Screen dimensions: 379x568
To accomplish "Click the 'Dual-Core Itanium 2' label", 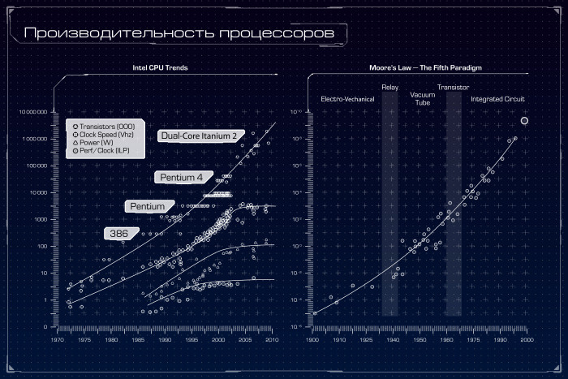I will pyautogui.click(x=199, y=136).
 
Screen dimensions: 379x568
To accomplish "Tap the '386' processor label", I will pyautogui.click(x=118, y=233).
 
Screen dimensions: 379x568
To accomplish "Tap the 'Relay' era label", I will pyautogui.click(x=389, y=87).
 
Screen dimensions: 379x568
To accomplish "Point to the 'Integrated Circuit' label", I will pyautogui.click(x=497, y=99).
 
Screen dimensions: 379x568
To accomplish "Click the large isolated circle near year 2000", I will pyautogui.click(x=524, y=121).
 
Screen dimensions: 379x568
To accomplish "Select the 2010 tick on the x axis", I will pyautogui.click(x=272, y=340).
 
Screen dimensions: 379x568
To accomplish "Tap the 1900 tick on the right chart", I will pyautogui.click(x=312, y=340).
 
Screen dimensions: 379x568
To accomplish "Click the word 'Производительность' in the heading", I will pyautogui.click(x=109, y=34).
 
